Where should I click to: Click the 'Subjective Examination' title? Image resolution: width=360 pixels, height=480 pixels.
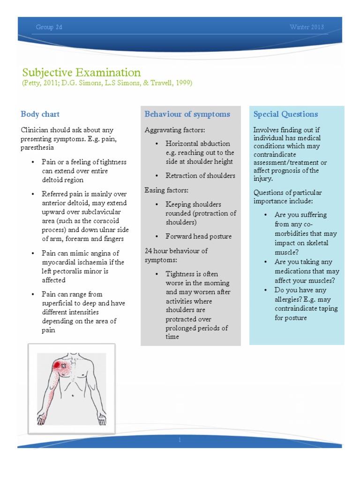(x=81, y=73)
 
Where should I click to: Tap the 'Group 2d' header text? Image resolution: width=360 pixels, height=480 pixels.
(x=49, y=27)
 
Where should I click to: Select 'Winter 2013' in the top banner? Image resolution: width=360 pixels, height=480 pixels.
(x=307, y=27)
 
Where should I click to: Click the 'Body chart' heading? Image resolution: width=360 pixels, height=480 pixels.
(x=40, y=114)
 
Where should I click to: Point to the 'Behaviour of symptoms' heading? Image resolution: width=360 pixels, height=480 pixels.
(x=187, y=114)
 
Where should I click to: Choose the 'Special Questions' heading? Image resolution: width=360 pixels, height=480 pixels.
(x=285, y=114)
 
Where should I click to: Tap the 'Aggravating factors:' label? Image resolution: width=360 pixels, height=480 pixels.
(x=175, y=130)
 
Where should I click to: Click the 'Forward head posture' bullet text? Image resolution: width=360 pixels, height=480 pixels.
(x=198, y=236)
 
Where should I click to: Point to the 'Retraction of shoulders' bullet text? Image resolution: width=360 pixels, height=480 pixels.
(x=200, y=176)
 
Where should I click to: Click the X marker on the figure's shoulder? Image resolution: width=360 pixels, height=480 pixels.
(x=64, y=365)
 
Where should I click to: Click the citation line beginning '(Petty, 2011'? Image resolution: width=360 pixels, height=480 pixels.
(x=107, y=83)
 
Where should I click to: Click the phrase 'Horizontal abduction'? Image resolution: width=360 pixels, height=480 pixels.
(x=197, y=143)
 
